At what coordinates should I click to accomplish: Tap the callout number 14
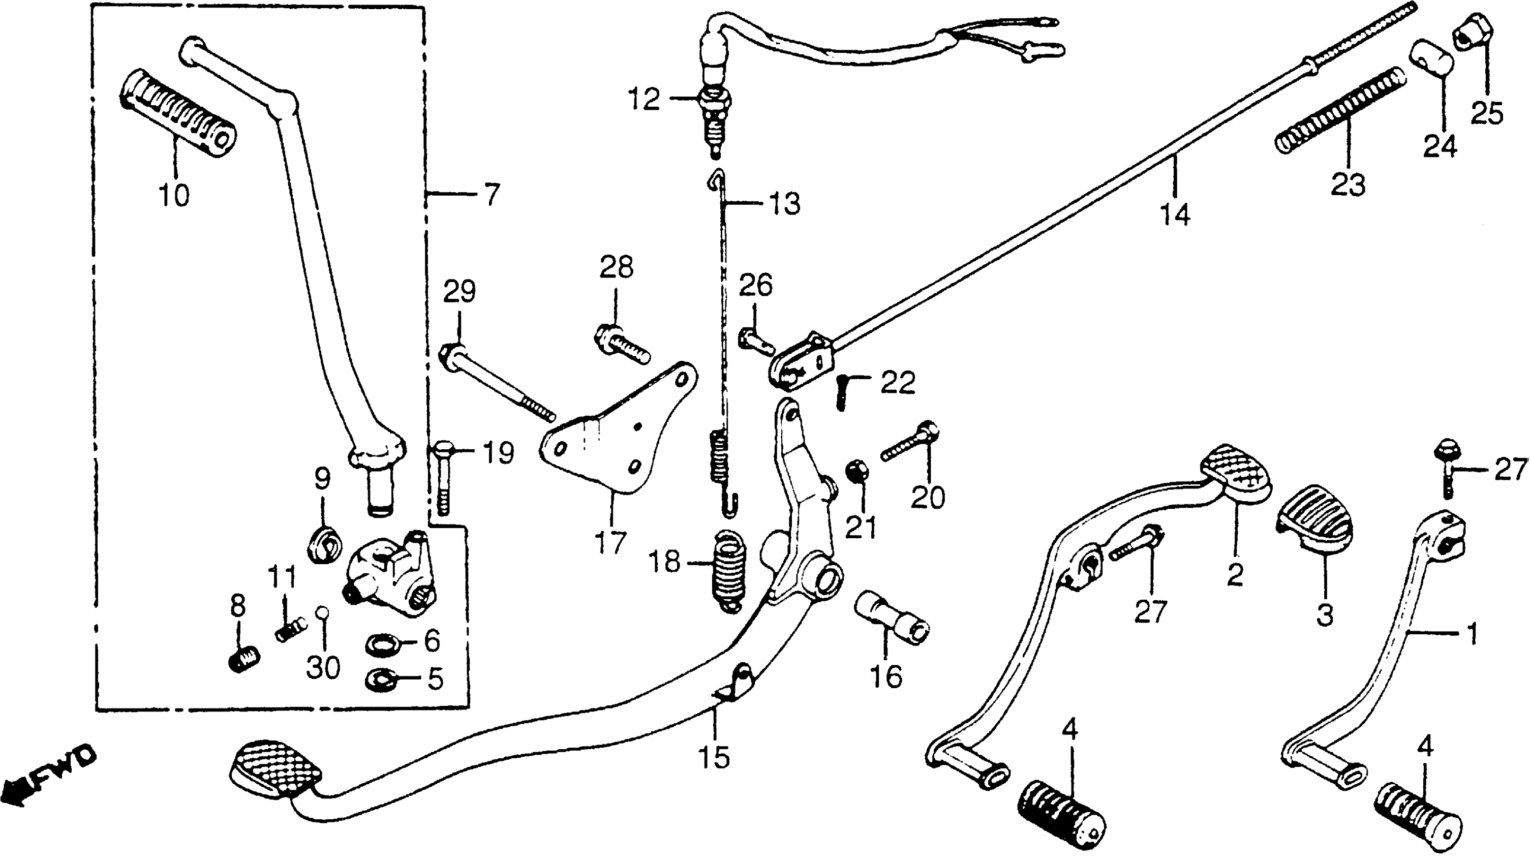[x=1175, y=215]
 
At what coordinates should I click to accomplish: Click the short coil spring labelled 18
[x=729, y=569]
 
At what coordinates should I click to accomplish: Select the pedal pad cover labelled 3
[x=1314, y=529]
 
